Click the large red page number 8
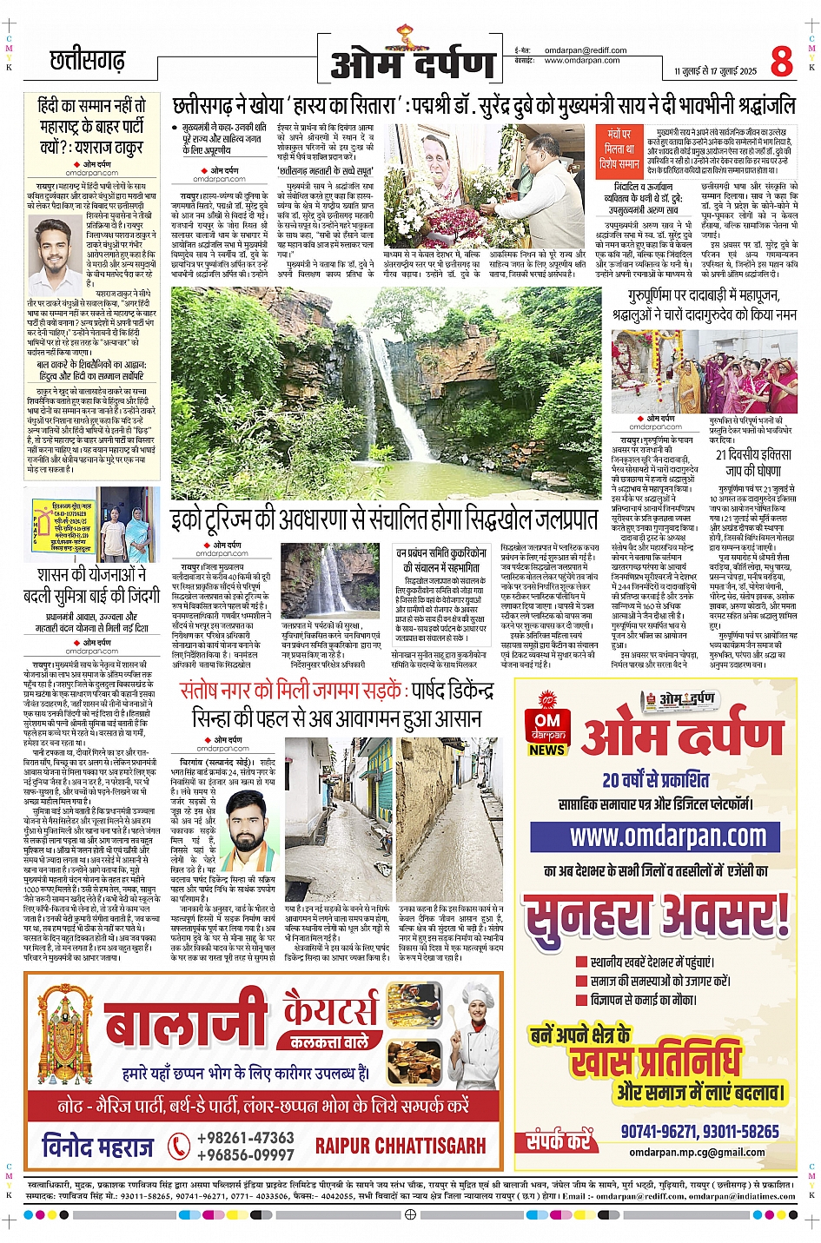[x=781, y=63]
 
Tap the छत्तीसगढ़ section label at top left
[x=88, y=61]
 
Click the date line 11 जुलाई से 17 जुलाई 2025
[x=715, y=71]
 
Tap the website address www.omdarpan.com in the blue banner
[x=668, y=837]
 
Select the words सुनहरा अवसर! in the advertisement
[x=657, y=916]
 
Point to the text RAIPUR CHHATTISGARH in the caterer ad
[x=401, y=1146]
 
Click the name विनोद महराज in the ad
[x=97, y=1147]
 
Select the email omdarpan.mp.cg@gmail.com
[x=698, y=1153]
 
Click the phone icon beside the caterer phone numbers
[x=179, y=1146]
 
